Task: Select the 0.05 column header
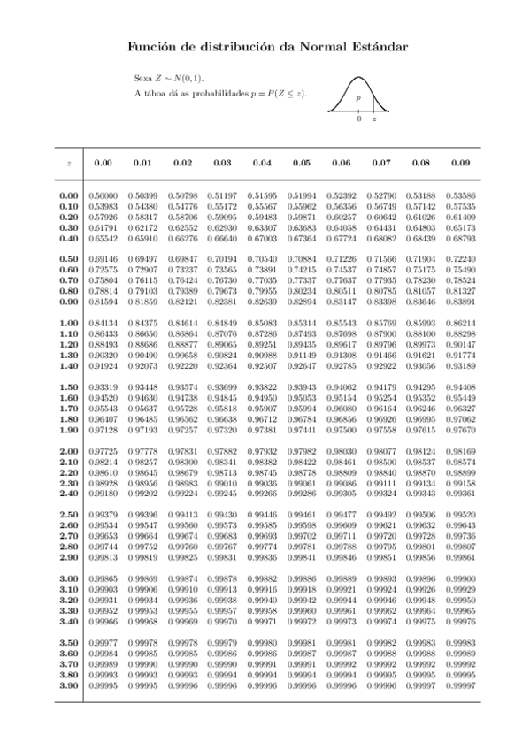302,163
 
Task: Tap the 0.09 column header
460,163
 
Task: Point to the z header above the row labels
68,164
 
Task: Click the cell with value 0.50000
104,195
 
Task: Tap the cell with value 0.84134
104,323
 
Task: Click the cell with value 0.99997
460,685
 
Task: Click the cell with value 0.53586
460,195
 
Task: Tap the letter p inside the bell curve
357,99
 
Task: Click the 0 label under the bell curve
358,119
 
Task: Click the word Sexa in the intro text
142,78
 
